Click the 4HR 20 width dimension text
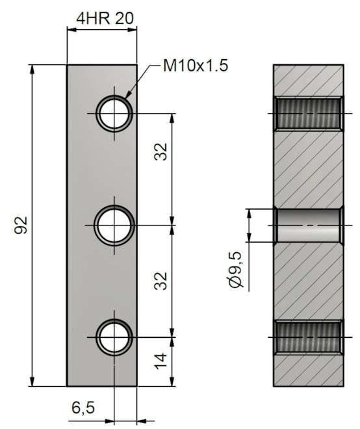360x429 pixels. (x=105, y=18)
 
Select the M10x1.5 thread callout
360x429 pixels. (x=195, y=66)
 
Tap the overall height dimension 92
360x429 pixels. (x=21, y=226)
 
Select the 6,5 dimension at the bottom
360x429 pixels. (x=83, y=408)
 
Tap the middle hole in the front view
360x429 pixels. (x=114, y=226)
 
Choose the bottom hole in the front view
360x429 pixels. (x=114, y=337)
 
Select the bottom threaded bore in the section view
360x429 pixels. (x=309, y=337)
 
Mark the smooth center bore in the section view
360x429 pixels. (x=309, y=226)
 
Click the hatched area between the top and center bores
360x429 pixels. (x=309, y=169)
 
